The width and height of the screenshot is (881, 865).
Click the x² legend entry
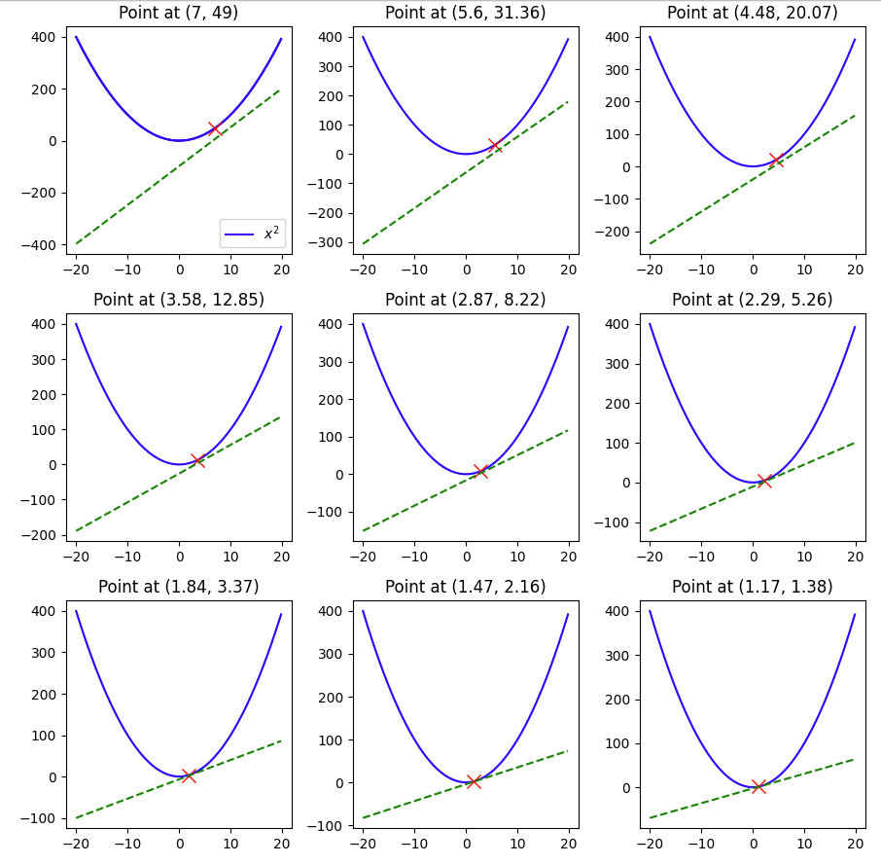tap(254, 234)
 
